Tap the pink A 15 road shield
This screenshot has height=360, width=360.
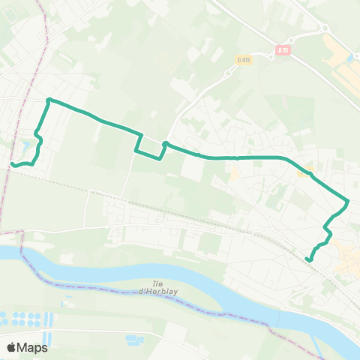[x=282, y=49]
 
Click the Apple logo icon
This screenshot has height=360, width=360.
[x=12, y=347]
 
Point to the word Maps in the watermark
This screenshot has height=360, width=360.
[x=33, y=347]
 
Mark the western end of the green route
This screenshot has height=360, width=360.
[x=11, y=164]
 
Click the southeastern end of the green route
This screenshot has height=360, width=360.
[x=308, y=259]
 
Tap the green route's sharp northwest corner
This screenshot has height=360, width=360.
[x=49, y=100]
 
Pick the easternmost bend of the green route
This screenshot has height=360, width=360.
[x=348, y=201]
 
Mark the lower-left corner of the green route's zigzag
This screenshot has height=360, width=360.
[x=136, y=151]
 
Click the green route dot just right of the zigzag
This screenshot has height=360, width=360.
[x=164, y=143]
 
